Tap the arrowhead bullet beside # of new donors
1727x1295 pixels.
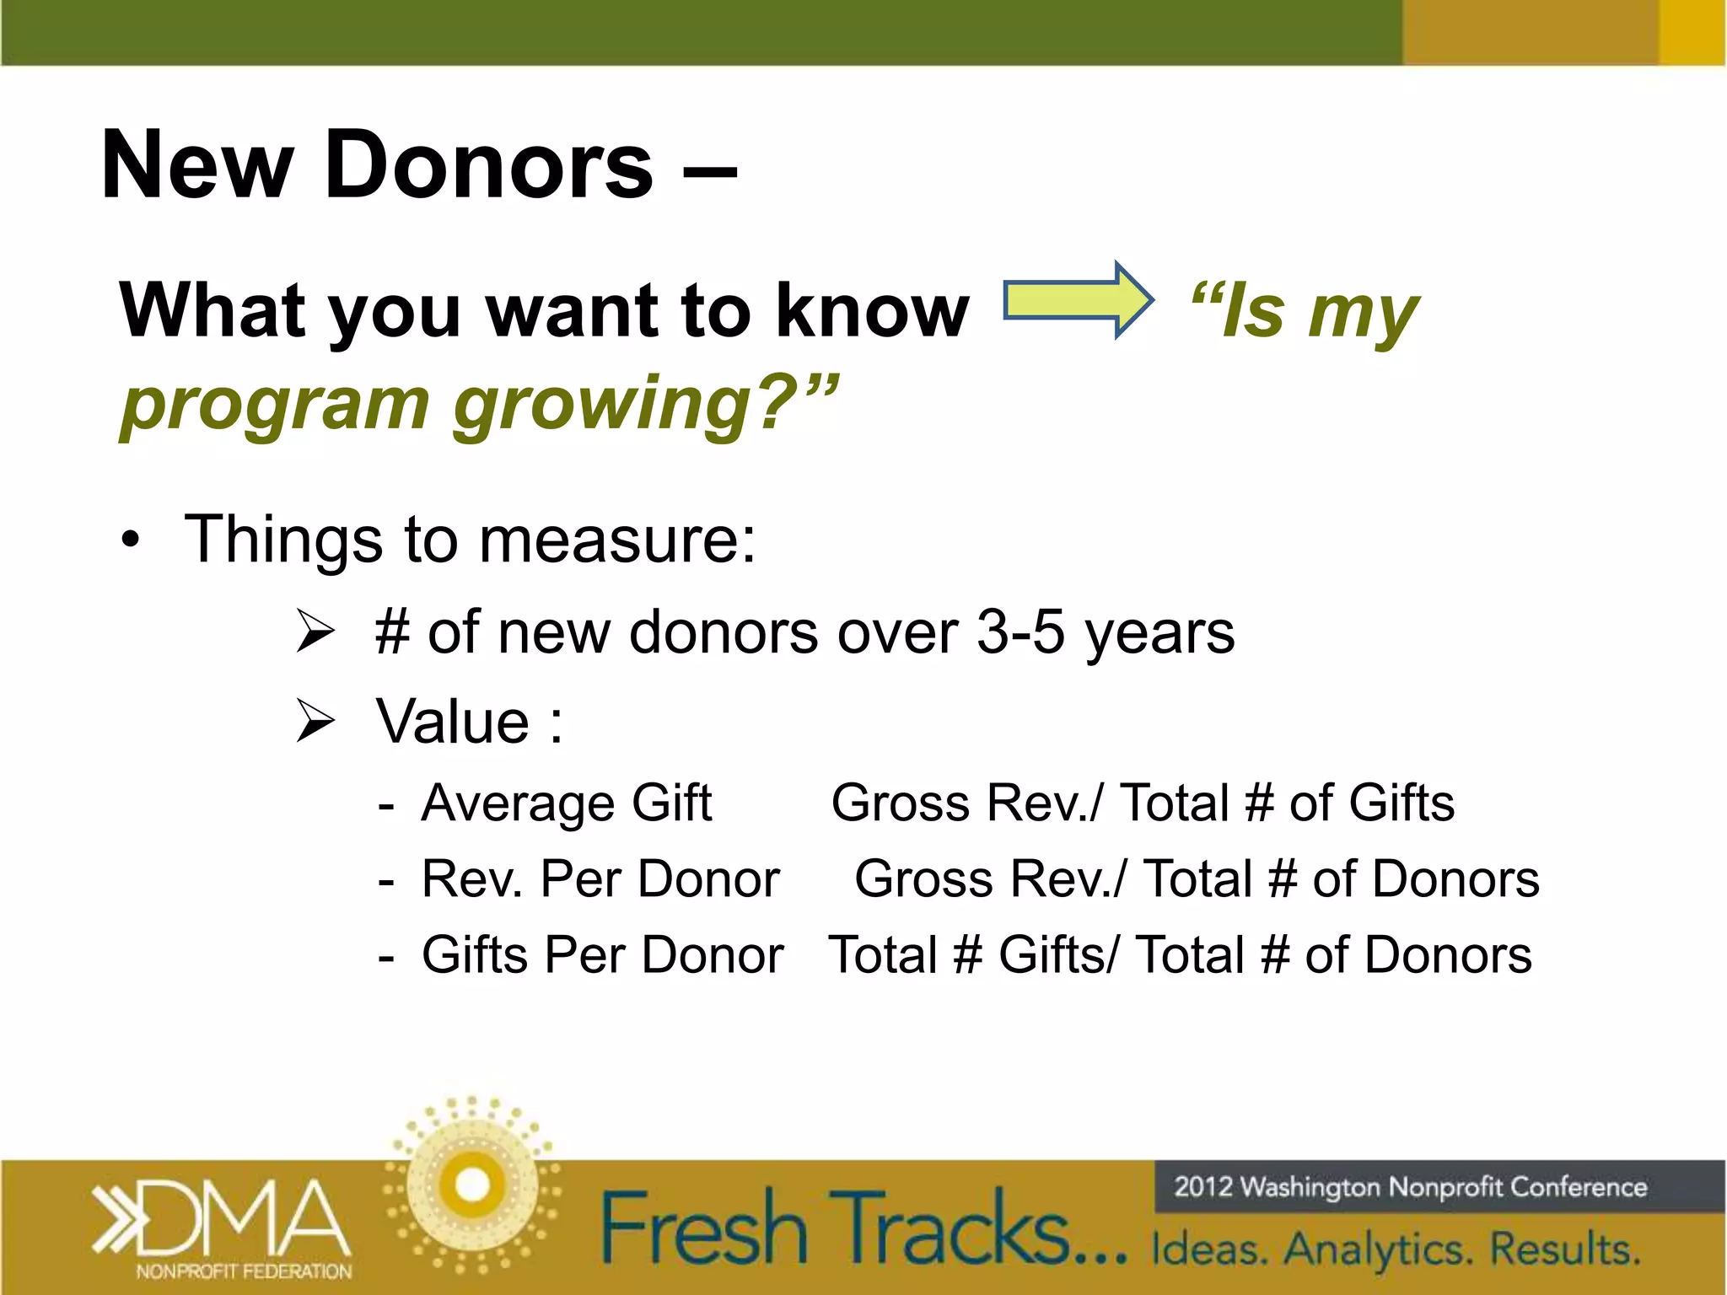(316, 632)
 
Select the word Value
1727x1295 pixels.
(453, 722)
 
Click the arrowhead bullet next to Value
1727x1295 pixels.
(316, 723)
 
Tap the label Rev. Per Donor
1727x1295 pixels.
(600, 879)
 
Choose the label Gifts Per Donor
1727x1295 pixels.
(602, 955)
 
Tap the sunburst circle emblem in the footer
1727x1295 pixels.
(472, 1185)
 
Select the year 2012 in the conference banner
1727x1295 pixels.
(1203, 1187)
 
